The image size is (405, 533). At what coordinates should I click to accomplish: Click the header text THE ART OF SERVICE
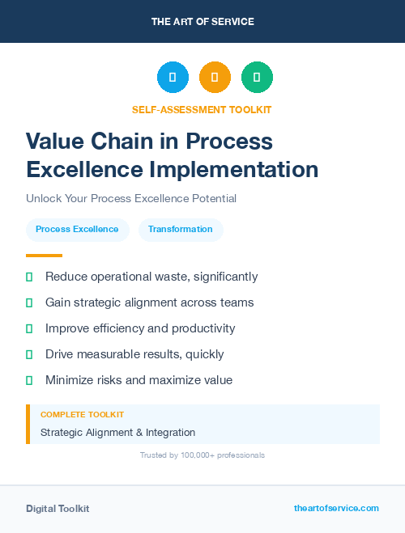[202, 22]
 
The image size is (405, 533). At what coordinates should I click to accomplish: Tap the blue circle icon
[173, 78]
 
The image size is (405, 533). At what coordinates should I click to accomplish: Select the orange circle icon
[215, 78]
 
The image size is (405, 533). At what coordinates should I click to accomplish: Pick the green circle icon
[257, 78]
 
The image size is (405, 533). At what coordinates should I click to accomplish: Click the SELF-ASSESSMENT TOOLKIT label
[202, 109]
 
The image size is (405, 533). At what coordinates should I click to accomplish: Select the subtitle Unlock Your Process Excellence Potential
[131, 198]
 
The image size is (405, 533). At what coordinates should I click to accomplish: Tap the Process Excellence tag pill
[77, 230]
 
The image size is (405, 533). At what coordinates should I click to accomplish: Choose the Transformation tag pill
[181, 230]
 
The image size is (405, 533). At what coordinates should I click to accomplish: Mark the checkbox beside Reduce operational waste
[29, 277]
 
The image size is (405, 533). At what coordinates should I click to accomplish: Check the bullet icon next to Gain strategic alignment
[29, 302]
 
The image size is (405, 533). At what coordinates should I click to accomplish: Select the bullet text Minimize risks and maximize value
[139, 380]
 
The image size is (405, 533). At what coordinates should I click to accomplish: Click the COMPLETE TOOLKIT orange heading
[82, 415]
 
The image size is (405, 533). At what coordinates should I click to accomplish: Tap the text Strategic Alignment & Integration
[117, 433]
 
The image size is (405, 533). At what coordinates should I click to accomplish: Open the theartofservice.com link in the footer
[336, 508]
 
